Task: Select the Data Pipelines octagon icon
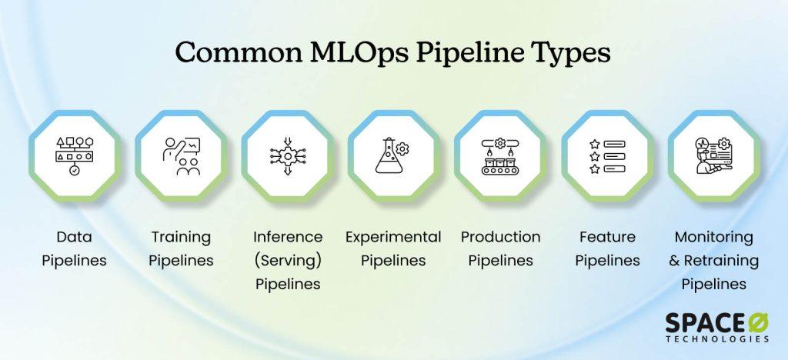75,156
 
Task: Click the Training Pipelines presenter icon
181,156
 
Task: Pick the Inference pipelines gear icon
288,156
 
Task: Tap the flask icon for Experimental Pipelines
393,156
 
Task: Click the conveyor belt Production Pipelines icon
500,156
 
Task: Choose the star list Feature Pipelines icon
607,156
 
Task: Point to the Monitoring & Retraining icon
713,156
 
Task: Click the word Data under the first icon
75,236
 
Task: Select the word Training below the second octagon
181,238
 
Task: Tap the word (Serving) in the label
288,261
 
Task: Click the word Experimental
393,238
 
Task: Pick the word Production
500,236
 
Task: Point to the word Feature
607,236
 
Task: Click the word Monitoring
713,238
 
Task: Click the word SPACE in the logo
703,323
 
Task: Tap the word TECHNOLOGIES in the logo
718,339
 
